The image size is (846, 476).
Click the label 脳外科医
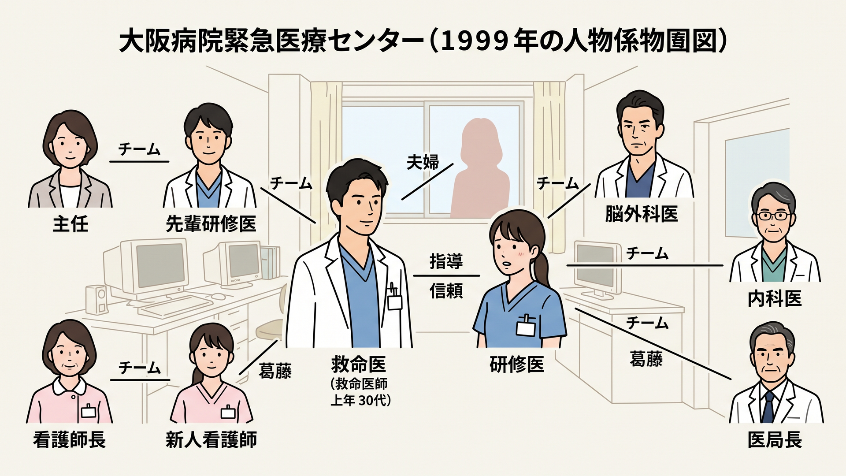pyautogui.click(x=641, y=214)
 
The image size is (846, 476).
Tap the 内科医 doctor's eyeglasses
pyautogui.click(x=774, y=216)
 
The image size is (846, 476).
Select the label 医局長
pyautogui.click(x=775, y=439)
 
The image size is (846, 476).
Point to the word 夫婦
pyautogui.click(x=423, y=162)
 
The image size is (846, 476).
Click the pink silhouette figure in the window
pyautogui.click(x=479, y=168)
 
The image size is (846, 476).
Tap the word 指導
pyautogui.click(x=446, y=261)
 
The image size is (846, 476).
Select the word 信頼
pyautogui.click(x=446, y=291)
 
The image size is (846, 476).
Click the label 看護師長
pyautogui.click(x=70, y=439)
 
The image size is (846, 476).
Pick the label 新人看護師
pyautogui.click(x=211, y=439)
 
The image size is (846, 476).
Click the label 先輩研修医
pyautogui.click(x=211, y=224)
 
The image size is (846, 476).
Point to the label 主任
pyautogui.click(x=70, y=224)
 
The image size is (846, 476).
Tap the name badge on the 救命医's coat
pyautogui.click(x=394, y=301)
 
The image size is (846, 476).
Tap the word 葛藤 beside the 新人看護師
pyautogui.click(x=275, y=371)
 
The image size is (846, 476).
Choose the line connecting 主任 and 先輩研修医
pyautogui.click(x=139, y=162)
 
